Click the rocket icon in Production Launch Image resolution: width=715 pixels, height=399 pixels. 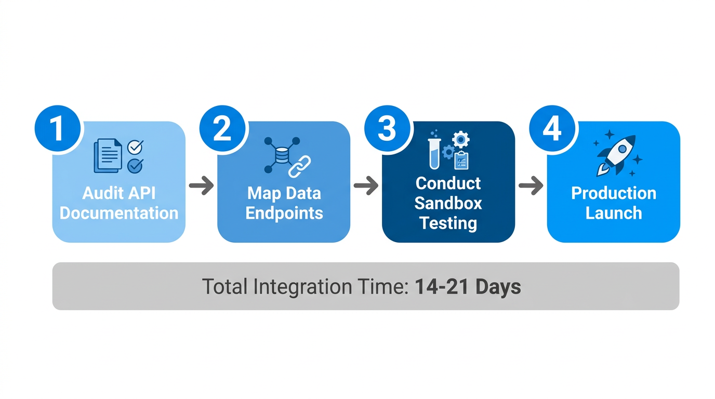click(x=617, y=155)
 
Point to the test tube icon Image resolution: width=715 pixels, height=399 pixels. click(x=434, y=153)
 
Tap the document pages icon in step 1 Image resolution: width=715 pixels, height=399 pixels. click(x=108, y=155)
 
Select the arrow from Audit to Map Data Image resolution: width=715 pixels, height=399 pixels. click(x=201, y=185)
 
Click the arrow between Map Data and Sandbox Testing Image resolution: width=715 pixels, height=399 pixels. click(x=366, y=185)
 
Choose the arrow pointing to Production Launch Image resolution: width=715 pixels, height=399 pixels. click(x=531, y=185)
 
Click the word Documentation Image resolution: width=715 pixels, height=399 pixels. click(x=119, y=213)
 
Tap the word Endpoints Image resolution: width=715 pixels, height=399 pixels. click(x=284, y=213)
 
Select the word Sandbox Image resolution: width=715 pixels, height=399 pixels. click(x=448, y=203)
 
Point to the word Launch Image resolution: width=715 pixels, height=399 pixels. click(x=613, y=213)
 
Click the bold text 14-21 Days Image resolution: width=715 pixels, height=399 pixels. click(x=468, y=287)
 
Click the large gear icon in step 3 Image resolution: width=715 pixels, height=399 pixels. click(x=460, y=139)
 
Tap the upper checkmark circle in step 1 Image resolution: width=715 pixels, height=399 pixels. click(x=135, y=147)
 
